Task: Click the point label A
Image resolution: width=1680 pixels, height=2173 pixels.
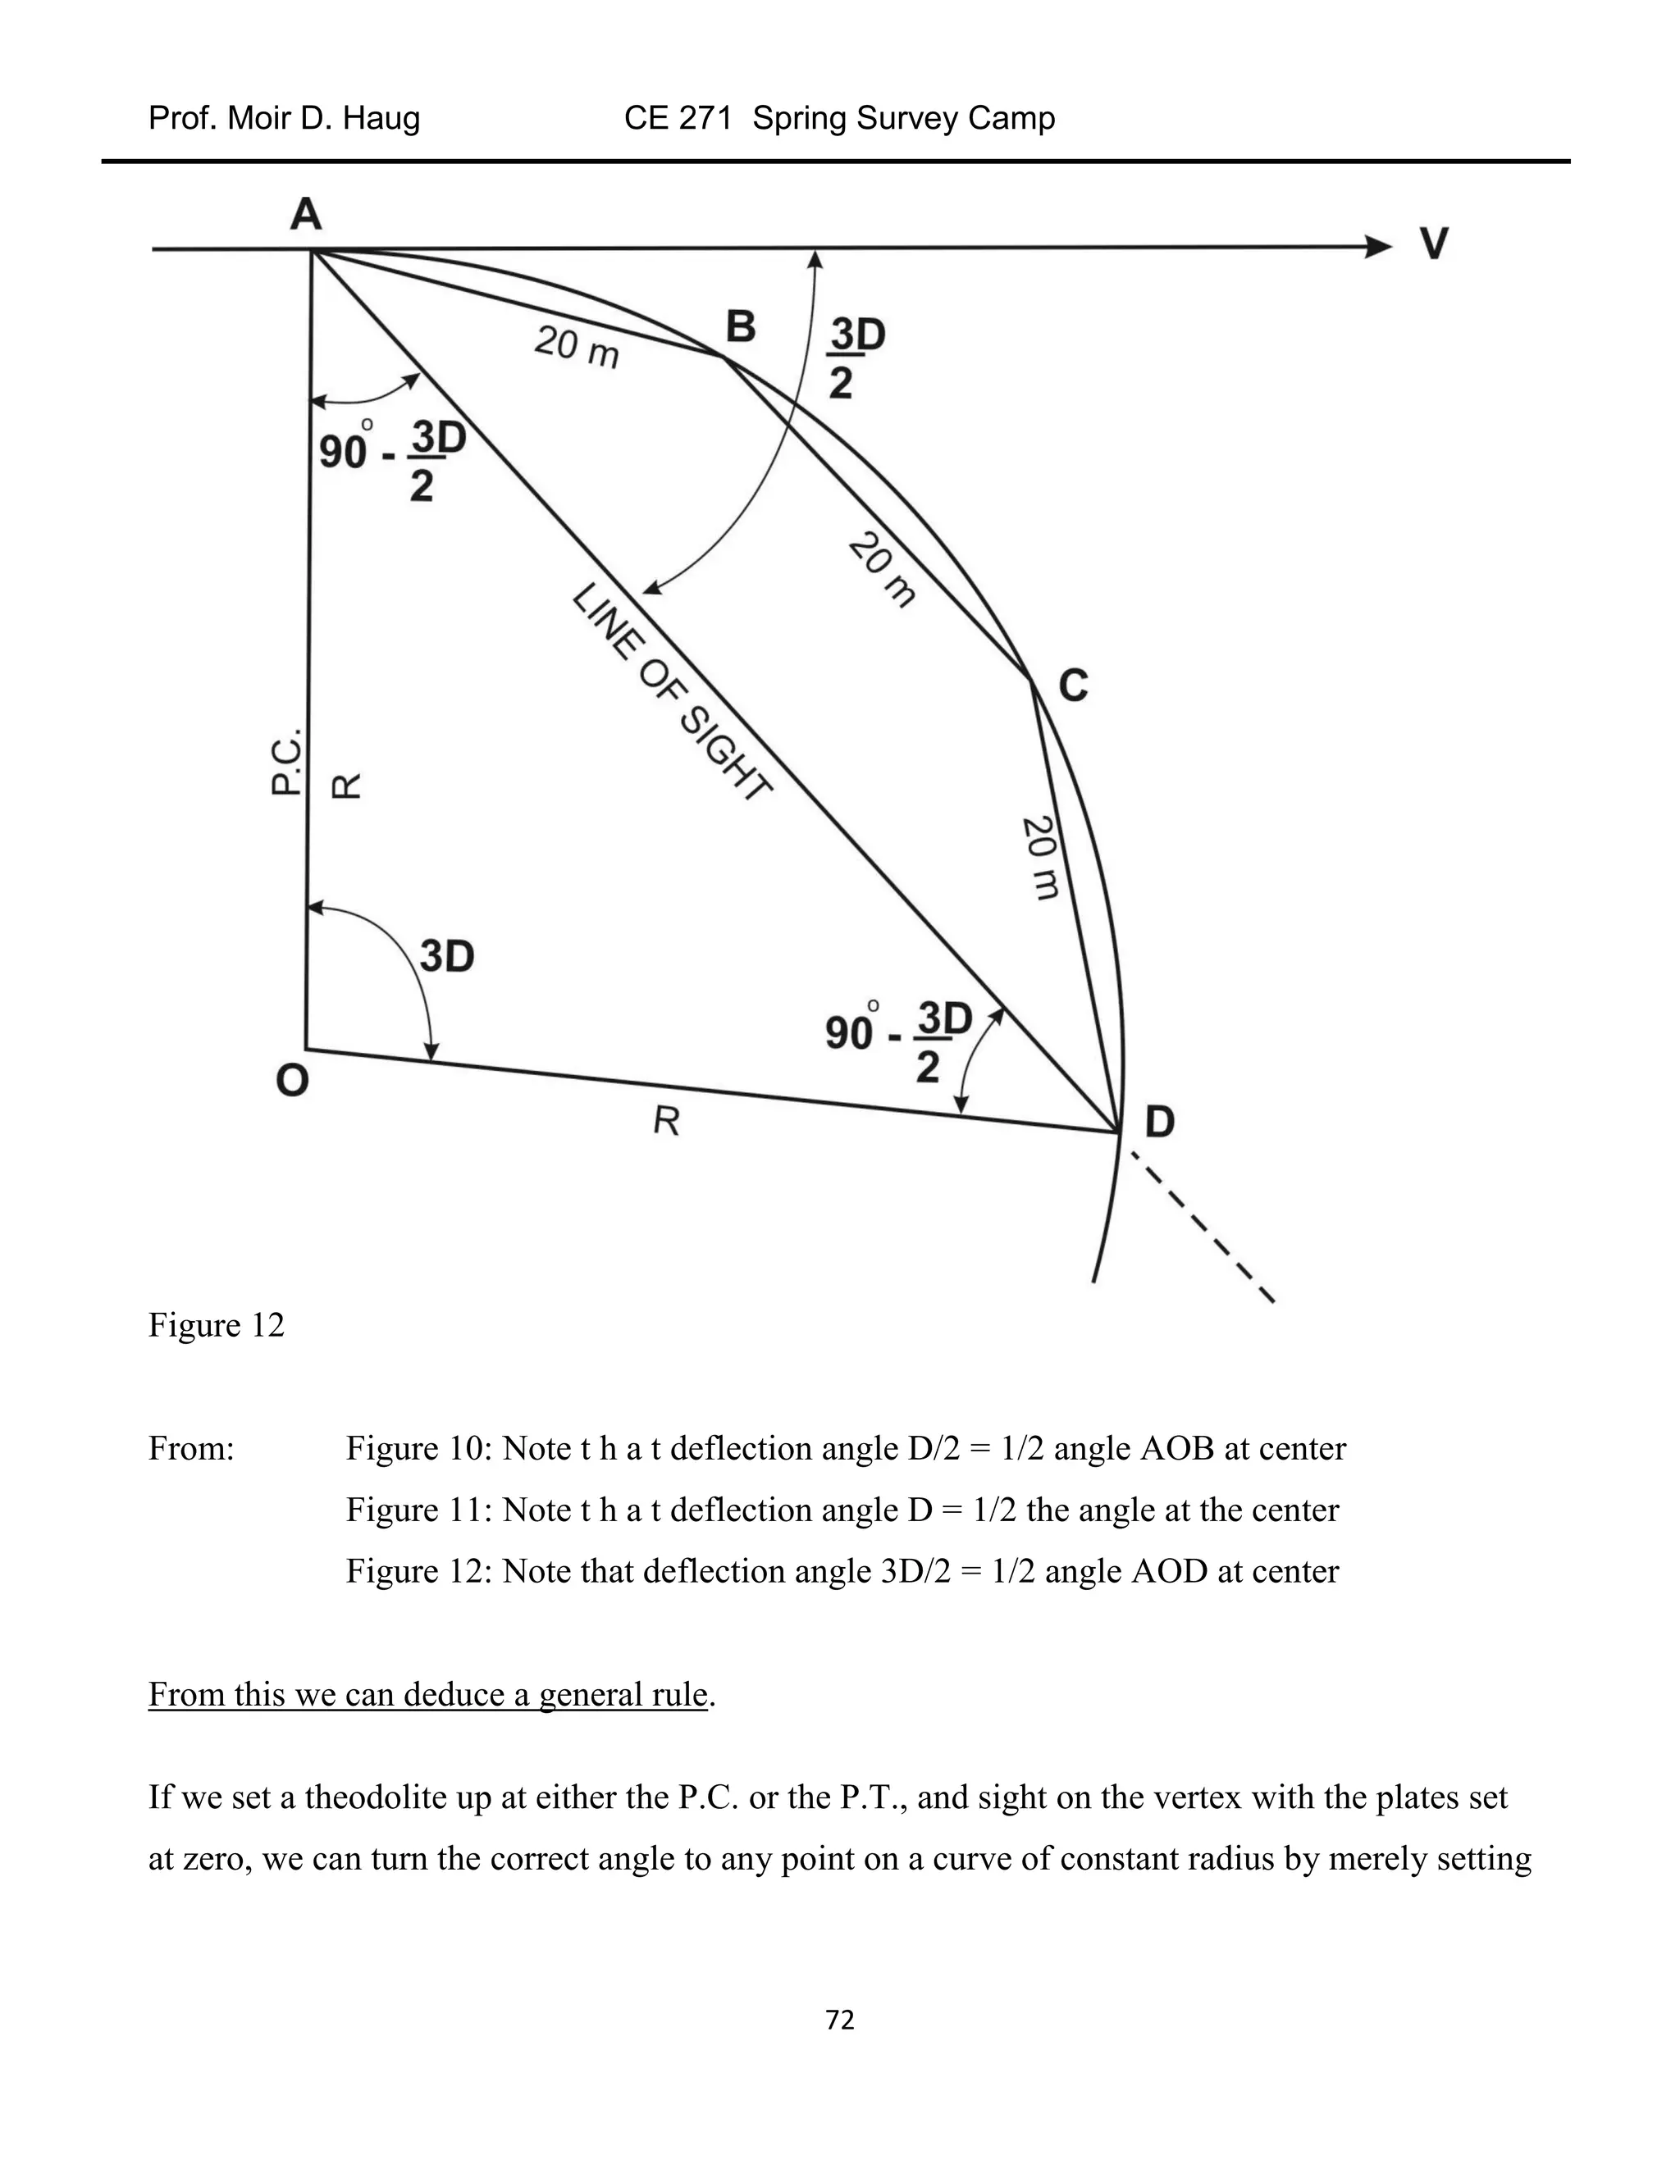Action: pyautogui.click(x=305, y=214)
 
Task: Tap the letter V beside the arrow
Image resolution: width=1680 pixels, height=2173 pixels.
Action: pyautogui.click(x=1433, y=244)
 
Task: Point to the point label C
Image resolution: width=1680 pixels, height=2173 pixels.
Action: pyautogui.click(x=1073, y=686)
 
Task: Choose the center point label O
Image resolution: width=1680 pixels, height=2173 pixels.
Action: pyautogui.click(x=291, y=1080)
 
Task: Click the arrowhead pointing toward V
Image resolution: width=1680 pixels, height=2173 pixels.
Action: pyautogui.click(x=1377, y=247)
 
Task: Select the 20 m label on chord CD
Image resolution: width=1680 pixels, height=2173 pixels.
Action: pyautogui.click(x=1042, y=858)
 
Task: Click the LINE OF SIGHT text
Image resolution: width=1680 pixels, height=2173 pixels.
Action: pyautogui.click(x=672, y=694)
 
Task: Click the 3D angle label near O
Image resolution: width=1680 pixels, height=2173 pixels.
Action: pyautogui.click(x=447, y=956)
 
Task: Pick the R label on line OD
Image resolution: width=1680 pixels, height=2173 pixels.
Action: pyautogui.click(x=666, y=1121)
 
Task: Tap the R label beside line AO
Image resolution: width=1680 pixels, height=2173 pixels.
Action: pyautogui.click(x=345, y=786)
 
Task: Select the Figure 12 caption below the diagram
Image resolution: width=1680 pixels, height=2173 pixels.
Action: pyautogui.click(x=216, y=1325)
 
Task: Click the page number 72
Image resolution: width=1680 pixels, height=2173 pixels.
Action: pyautogui.click(x=840, y=2020)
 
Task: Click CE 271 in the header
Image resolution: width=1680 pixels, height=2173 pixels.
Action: pyautogui.click(x=678, y=118)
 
